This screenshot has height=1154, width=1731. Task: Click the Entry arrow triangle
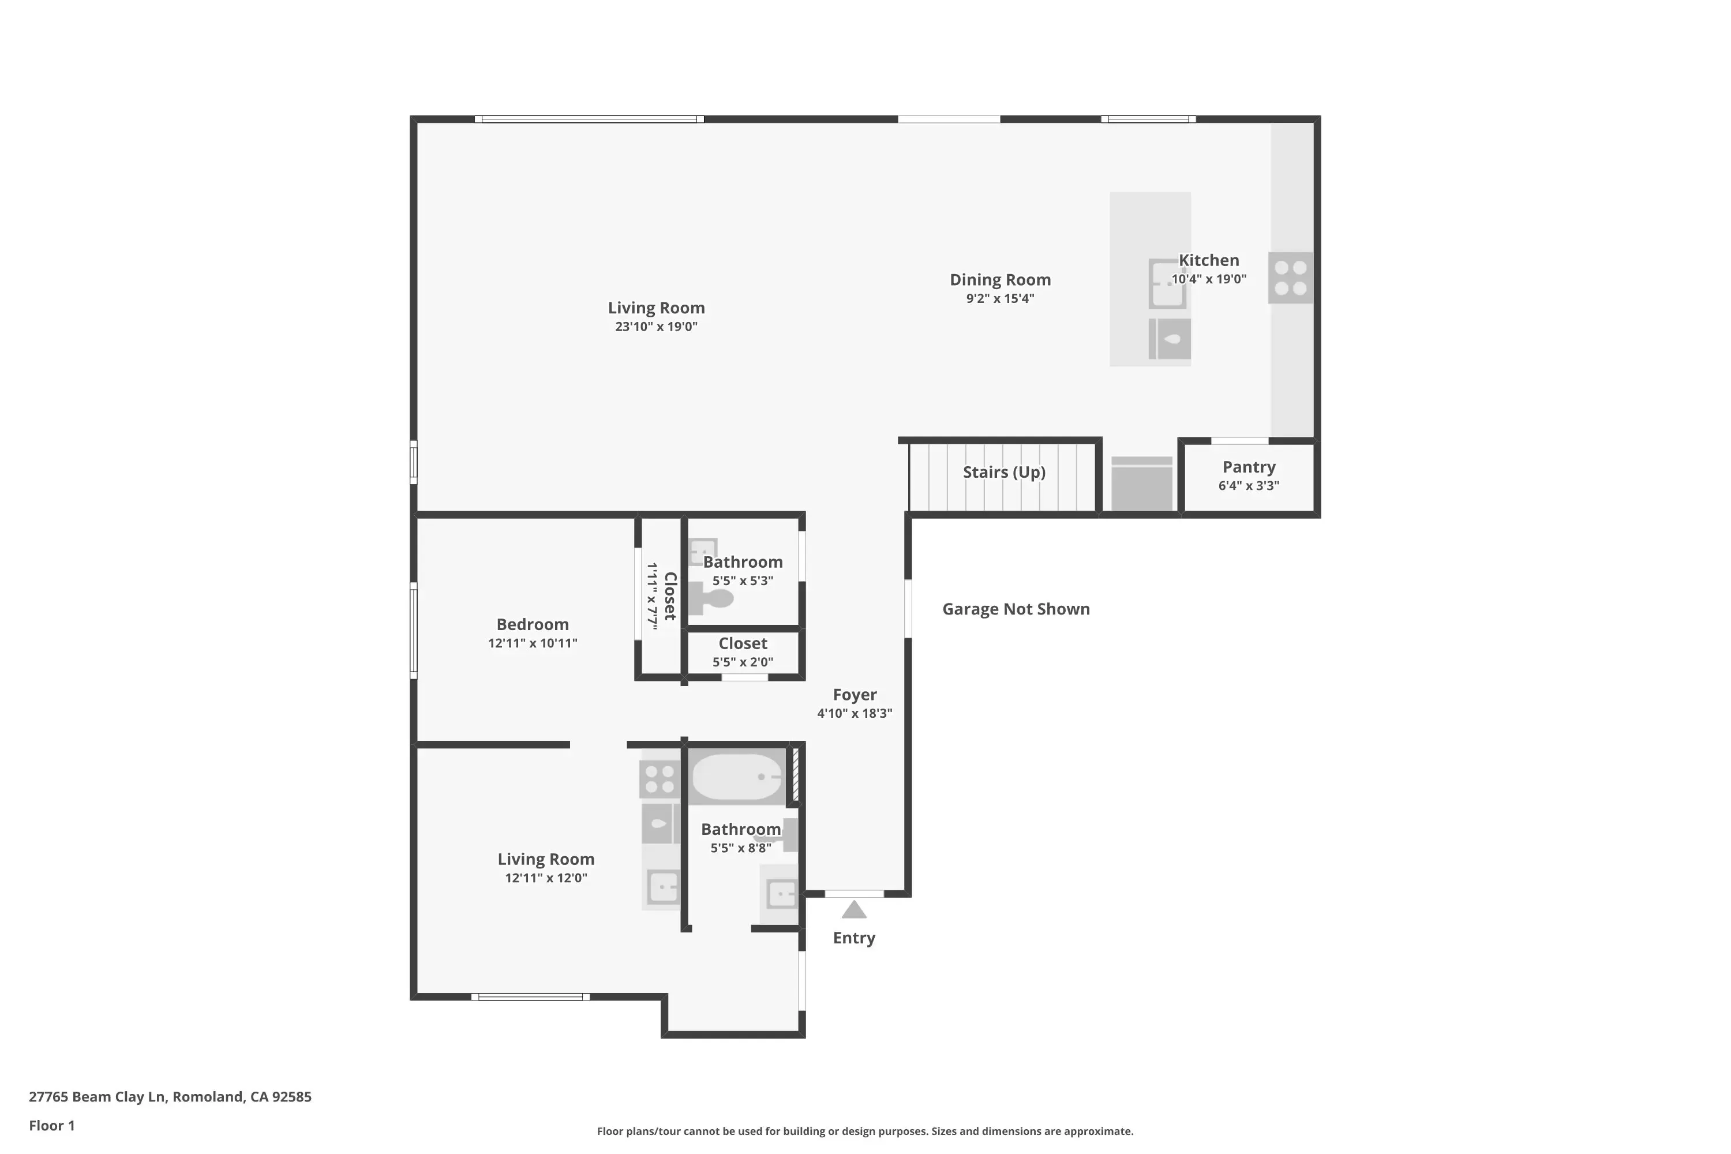(x=854, y=911)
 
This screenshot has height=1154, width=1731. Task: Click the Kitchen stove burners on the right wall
(x=1290, y=278)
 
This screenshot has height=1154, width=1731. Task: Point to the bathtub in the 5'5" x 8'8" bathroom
(x=737, y=777)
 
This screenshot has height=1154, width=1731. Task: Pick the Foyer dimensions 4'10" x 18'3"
(x=854, y=713)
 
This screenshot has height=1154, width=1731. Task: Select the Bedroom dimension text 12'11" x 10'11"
(x=532, y=643)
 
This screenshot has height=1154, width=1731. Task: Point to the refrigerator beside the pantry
(x=1141, y=484)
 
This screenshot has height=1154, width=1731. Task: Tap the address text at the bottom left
(x=170, y=1097)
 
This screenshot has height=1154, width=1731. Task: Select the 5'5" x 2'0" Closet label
(x=743, y=644)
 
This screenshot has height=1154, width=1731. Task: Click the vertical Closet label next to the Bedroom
(x=670, y=596)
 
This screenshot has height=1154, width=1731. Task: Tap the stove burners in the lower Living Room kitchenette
(x=660, y=780)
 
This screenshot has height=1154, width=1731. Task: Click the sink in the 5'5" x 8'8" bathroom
(x=780, y=894)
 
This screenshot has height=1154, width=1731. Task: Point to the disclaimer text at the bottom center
(x=865, y=1131)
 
